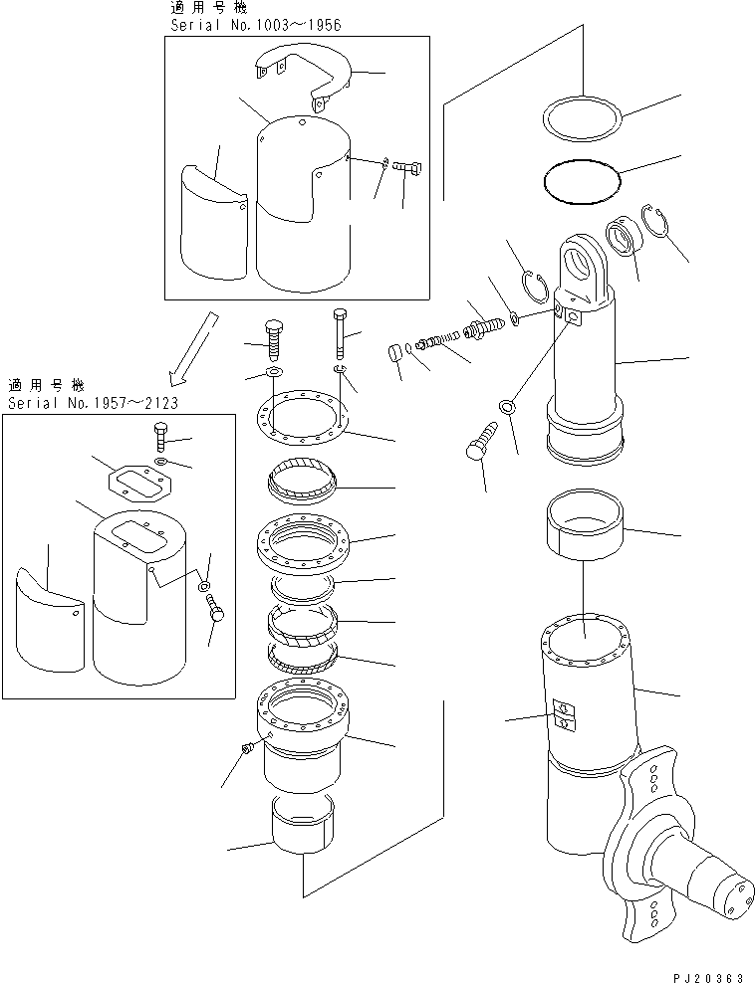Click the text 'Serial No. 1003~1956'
pyautogui.click(x=256, y=25)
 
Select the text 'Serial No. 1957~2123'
pyautogui.click(x=93, y=403)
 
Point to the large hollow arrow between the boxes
pyautogui.click(x=194, y=348)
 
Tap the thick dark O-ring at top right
pyautogui.click(x=582, y=181)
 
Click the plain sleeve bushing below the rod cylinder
pyautogui.click(x=586, y=524)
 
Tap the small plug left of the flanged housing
pyautogui.click(x=246, y=748)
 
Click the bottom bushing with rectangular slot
pyautogui.click(x=303, y=825)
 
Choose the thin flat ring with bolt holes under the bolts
pyautogui.click(x=301, y=416)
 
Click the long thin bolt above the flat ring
pyautogui.click(x=341, y=333)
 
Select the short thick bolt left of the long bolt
pyautogui.click(x=272, y=341)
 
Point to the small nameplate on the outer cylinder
pyautogui.click(x=562, y=715)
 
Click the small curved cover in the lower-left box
pyautogui.click(x=50, y=619)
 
